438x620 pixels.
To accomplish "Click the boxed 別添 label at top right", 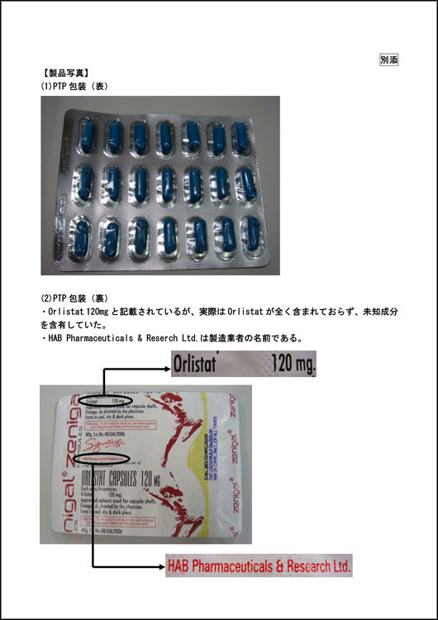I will click(388, 60).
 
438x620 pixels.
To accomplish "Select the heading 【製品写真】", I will click(66, 73).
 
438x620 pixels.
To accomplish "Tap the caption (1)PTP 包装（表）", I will click(75, 86).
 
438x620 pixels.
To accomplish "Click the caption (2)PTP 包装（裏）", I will click(75, 298).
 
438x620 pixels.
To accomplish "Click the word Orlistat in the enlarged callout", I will click(199, 363).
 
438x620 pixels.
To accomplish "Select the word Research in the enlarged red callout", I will click(302, 566).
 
